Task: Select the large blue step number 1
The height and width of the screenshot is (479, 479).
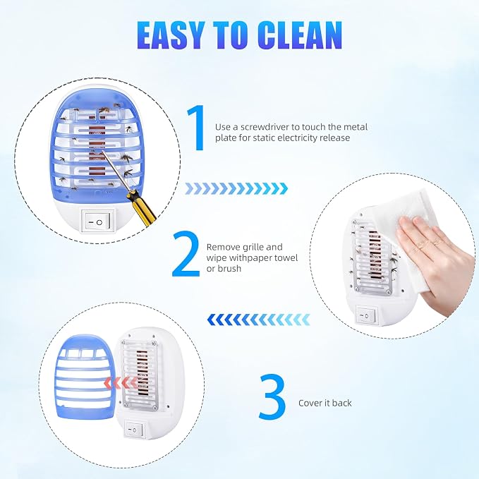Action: [x=197, y=128]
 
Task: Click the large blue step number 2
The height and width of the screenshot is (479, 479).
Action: [x=186, y=254]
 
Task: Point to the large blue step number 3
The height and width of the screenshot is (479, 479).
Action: [x=272, y=396]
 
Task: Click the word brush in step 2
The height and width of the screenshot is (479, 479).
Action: [x=229, y=269]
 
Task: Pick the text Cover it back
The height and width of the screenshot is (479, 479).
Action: [x=325, y=403]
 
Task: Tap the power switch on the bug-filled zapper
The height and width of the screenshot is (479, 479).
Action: [x=98, y=222]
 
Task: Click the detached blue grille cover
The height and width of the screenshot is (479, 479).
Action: [x=85, y=377]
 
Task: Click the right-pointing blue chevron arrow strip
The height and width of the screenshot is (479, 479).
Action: [x=236, y=188]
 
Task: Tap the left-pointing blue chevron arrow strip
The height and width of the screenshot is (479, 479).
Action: [x=258, y=320]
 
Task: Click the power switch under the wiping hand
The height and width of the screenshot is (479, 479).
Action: [x=366, y=315]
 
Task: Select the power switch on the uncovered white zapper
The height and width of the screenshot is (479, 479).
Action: [x=134, y=430]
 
